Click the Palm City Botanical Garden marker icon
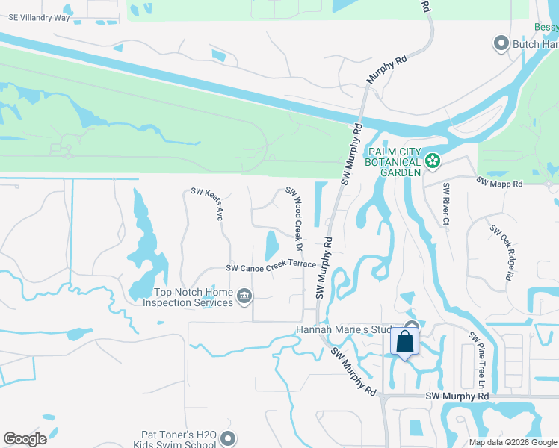pyautogui.click(x=431, y=160)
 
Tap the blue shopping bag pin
pyautogui.click(x=405, y=341)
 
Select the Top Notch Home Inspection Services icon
pyautogui.click(x=244, y=298)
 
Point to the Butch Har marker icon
pyautogui.click(x=501, y=43)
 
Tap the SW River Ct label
pyautogui.click(x=446, y=203)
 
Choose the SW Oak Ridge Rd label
pyautogui.click(x=501, y=252)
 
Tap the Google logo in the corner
pyautogui.click(x=25, y=439)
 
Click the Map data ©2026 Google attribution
pyautogui.click(x=513, y=442)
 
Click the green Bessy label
pyautogui.click(x=546, y=27)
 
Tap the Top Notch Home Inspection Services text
pyautogui.click(x=194, y=298)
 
